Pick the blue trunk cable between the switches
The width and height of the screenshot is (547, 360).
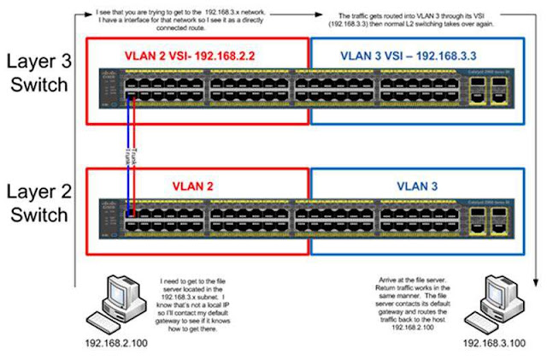135,154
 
